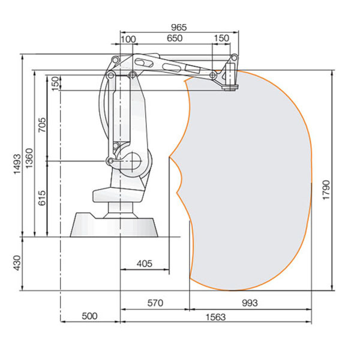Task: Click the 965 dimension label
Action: point(179,28)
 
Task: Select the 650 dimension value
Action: point(175,38)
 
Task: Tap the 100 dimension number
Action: point(128,39)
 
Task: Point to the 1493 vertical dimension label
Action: point(17,164)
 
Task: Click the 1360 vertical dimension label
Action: point(29,158)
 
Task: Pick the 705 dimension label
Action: point(42,125)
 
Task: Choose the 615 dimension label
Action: point(42,198)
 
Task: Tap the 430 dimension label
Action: point(17,263)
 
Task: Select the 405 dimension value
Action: point(145,263)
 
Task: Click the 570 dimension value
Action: point(155,303)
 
